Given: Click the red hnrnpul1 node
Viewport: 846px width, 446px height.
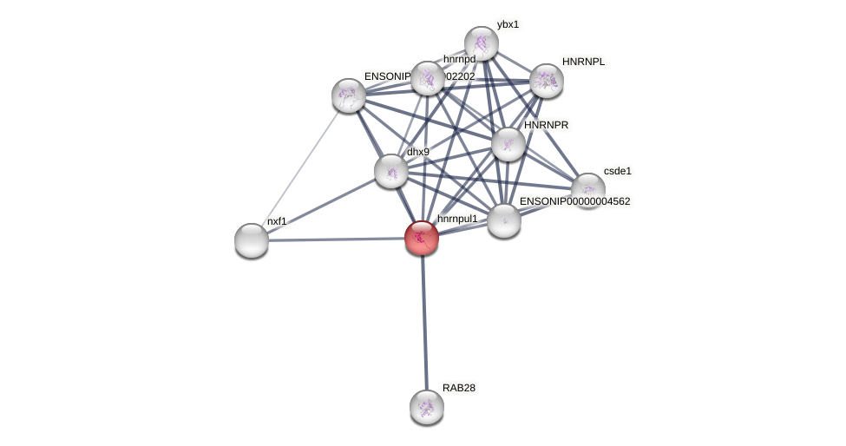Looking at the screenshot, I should [x=422, y=237].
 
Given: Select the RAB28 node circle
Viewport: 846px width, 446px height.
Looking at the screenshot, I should [x=426, y=406].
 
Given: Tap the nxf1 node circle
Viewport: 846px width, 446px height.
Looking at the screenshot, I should [x=252, y=240].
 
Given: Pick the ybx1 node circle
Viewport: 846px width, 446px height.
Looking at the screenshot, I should [x=481, y=43].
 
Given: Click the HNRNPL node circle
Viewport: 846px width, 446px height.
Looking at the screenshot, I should [x=546, y=81].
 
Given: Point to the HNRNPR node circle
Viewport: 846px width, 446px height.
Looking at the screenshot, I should [x=508, y=144].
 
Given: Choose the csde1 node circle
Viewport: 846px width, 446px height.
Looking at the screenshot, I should [x=587, y=190].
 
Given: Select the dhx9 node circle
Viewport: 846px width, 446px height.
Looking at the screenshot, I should [x=391, y=171].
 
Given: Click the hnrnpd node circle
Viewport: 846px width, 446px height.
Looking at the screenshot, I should [x=427, y=78].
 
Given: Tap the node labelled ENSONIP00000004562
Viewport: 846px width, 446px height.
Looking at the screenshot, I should [x=503, y=220].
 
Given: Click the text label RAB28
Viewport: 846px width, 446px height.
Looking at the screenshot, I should [x=458, y=388].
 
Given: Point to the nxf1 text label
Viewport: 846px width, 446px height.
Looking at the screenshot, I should [x=276, y=221].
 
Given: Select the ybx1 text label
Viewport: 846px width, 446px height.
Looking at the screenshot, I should [x=508, y=24].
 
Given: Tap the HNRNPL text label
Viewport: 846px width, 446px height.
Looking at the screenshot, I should [x=583, y=62].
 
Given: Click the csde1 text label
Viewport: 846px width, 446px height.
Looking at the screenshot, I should [x=617, y=171].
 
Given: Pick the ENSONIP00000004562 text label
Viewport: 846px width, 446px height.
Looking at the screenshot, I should [x=574, y=201].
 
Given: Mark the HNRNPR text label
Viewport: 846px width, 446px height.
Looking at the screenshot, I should [x=546, y=125].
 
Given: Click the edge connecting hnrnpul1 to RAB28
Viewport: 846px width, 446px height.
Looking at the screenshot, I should [x=423, y=321].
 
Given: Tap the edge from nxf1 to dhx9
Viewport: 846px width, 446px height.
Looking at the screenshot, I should [x=321, y=206].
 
